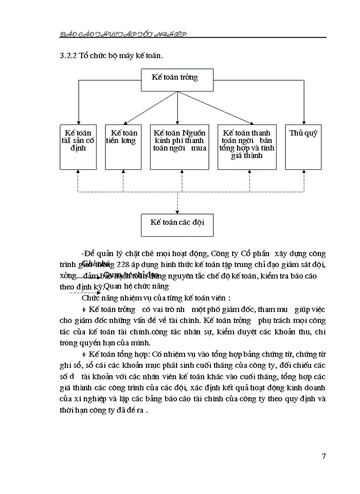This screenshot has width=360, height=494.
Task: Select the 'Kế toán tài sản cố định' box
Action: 78,147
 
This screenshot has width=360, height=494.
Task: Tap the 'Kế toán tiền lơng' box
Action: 123,147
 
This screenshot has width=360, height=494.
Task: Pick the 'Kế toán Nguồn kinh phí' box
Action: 179,147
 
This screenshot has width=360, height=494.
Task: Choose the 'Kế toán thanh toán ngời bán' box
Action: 247,147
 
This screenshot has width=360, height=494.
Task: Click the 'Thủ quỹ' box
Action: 303,147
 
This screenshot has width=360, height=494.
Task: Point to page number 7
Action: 323,456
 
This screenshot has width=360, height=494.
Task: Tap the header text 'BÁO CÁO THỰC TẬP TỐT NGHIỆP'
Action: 123,33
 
